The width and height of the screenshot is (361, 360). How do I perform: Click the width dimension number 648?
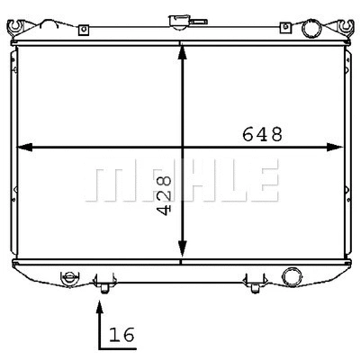click(263, 134)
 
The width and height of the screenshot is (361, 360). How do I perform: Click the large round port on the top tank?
click(311, 29)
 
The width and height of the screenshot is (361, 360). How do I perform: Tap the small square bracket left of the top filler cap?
click(83, 31)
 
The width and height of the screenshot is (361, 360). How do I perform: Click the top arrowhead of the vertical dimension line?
click(183, 52)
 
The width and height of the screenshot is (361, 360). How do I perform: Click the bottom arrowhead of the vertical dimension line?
click(183, 252)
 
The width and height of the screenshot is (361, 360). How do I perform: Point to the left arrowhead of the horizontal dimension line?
click(24, 147)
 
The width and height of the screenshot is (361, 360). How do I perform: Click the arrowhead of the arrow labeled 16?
click(98, 306)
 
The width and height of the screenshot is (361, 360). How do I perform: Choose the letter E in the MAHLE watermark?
click(263, 182)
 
